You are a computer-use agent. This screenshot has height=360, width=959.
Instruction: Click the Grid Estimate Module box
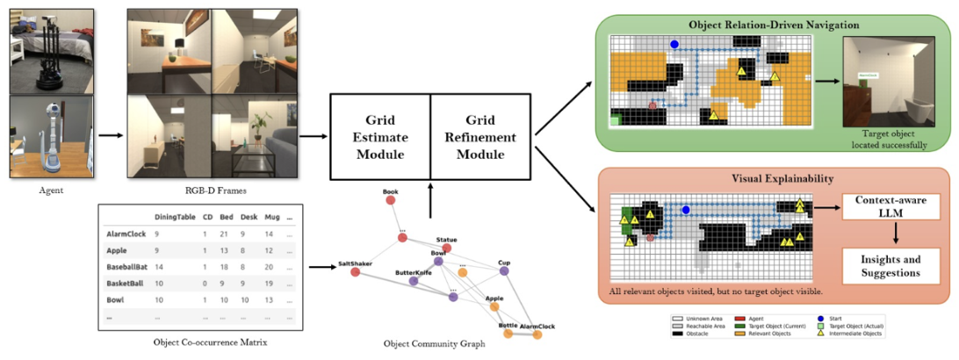(x=379, y=136)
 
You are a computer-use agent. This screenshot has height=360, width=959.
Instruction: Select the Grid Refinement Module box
(x=479, y=136)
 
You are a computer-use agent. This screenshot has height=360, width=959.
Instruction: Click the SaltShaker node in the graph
(x=356, y=272)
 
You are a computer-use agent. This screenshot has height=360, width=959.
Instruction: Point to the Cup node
(x=504, y=271)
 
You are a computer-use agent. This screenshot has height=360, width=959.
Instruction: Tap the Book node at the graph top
(x=391, y=200)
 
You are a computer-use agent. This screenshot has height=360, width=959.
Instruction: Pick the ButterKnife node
(x=413, y=282)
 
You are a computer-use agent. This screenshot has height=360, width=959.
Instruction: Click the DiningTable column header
(x=175, y=217)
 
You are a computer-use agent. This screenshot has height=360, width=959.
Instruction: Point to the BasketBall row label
(x=126, y=284)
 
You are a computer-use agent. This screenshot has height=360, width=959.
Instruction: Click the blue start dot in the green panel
(x=674, y=43)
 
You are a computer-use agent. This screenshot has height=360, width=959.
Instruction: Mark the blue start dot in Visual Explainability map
(x=686, y=209)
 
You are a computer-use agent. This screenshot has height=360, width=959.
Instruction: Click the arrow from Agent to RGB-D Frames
(x=110, y=136)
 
